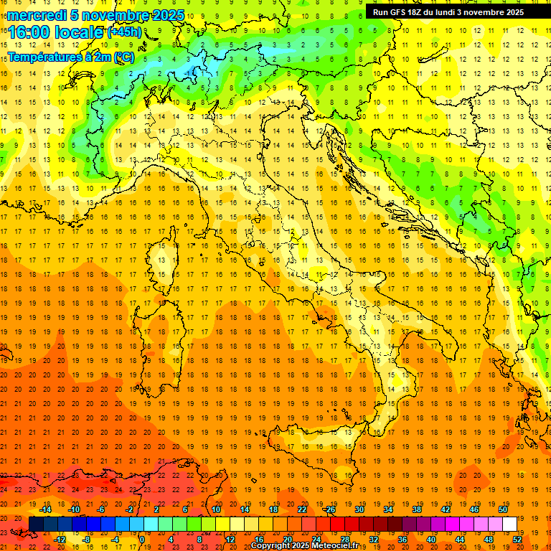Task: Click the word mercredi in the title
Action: [37, 15]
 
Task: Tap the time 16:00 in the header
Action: [29, 32]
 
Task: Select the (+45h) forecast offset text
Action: [124, 32]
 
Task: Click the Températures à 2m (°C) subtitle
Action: [70, 56]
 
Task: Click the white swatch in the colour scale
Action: [509, 524]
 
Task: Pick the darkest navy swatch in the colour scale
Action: [36, 524]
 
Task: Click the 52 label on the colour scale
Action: [517, 539]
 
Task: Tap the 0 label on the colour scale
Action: [142, 539]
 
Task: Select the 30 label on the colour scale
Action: [359, 509]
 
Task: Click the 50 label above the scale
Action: [502, 509]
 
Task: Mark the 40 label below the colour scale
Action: [431, 539]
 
